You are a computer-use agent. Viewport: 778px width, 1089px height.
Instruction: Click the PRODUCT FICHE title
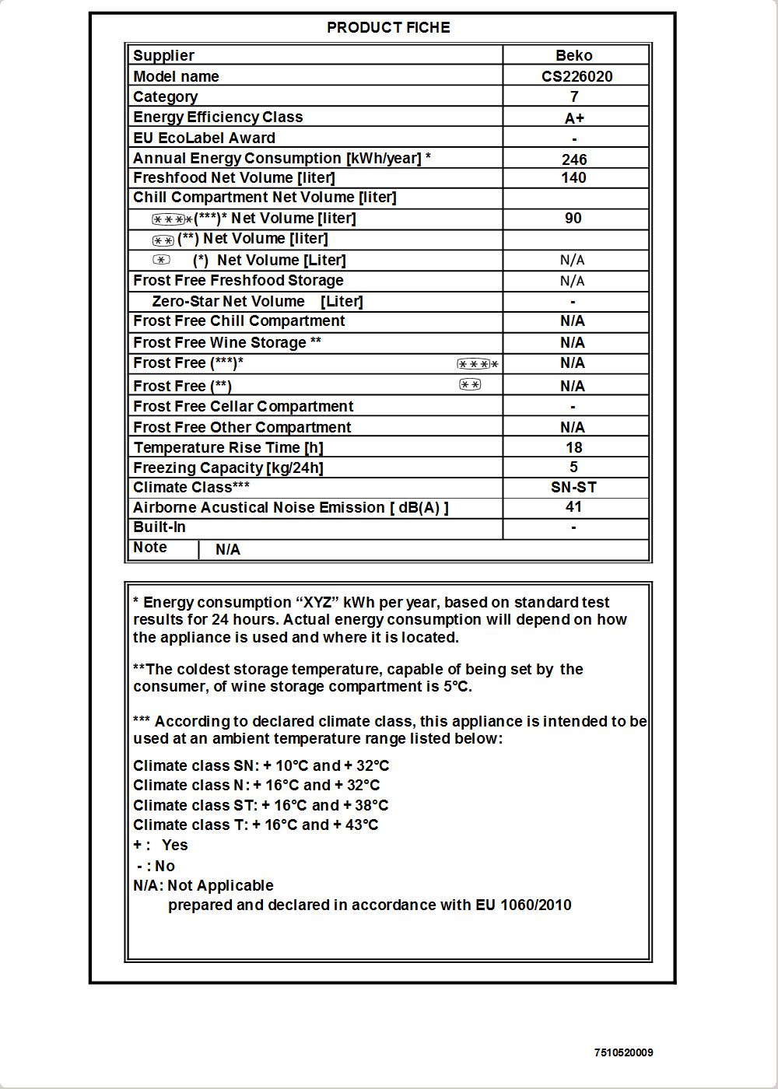388,27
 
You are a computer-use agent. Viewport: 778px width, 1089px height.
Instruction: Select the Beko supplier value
574,55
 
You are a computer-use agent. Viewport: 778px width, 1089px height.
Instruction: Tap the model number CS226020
576,76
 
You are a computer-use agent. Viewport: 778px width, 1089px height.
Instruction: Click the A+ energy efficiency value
574,118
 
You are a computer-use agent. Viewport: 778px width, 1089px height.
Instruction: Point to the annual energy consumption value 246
574,159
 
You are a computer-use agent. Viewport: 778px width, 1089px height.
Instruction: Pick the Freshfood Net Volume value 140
573,177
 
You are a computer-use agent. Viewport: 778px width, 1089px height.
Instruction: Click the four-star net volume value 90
573,218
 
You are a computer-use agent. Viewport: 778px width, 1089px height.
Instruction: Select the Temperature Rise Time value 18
573,447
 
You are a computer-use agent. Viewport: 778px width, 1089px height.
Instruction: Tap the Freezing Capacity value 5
573,467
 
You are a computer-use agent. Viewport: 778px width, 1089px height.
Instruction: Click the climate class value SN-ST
573,487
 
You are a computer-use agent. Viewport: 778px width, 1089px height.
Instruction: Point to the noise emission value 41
573,506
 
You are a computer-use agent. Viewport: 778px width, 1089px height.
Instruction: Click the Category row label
165,96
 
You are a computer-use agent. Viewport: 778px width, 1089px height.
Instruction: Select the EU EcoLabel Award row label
204,138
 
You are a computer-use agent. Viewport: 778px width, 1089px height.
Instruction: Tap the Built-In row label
159,527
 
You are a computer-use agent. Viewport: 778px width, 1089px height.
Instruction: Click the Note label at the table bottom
150,547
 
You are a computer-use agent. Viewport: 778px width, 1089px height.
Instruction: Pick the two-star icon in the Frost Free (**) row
470,384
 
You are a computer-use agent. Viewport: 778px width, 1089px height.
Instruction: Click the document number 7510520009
623,1052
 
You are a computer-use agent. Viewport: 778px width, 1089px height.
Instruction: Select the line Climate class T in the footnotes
255,825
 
